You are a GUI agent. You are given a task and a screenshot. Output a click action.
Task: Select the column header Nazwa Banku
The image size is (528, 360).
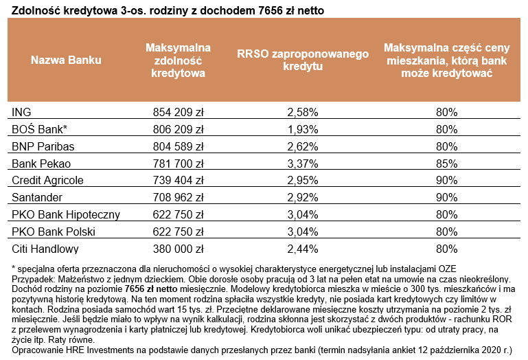point(66,60)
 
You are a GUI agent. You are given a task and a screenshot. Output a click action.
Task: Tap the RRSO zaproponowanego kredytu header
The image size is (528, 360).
point(303,60)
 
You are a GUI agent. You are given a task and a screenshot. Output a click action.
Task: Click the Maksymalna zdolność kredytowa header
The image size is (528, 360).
point(178,60)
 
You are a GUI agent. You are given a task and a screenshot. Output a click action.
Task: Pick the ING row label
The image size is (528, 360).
point(22,111)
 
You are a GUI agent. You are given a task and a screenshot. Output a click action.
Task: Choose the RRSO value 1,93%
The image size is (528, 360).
point(303,128)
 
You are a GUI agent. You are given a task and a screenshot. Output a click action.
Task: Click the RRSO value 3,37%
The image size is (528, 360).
point(303,163)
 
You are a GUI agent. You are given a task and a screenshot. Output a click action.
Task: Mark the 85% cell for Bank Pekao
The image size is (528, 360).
point(446,163)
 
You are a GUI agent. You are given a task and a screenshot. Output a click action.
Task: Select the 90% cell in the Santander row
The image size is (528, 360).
point(446,197)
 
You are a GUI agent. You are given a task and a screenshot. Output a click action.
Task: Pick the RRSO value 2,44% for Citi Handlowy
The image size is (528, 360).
point(303,249)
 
